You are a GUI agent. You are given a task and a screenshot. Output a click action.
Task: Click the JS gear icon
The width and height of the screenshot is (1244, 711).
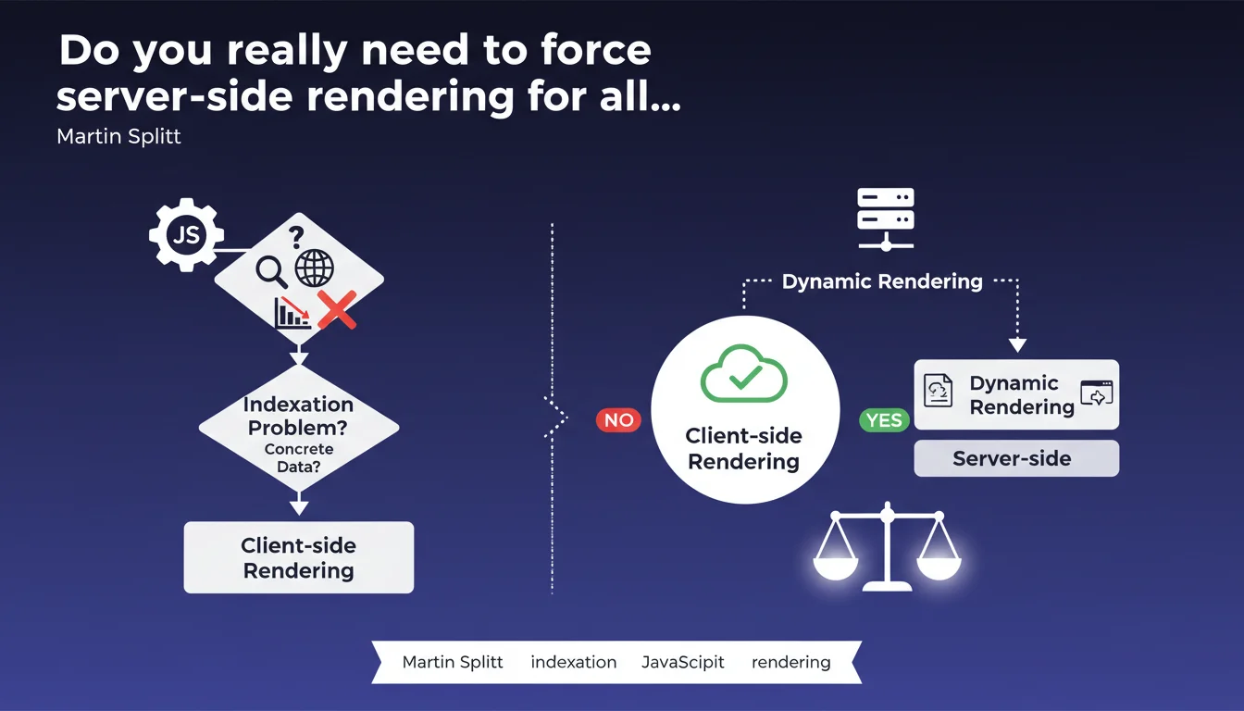[x=186, y=235]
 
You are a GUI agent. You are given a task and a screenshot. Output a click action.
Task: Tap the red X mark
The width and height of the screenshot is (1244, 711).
[x=337, y=308]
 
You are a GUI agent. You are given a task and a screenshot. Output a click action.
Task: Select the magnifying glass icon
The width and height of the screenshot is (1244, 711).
[x=272, y=270]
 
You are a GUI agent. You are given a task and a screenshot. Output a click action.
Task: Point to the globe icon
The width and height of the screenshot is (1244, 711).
[x=314, y=269]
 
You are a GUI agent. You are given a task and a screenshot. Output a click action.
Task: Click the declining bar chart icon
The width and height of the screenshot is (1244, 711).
[x=292, y=313]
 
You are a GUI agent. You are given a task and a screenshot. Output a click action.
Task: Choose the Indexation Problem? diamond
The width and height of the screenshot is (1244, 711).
[x=299, y=427]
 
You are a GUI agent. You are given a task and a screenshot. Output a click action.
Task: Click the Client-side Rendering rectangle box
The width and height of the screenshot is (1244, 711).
[x=298, y=557]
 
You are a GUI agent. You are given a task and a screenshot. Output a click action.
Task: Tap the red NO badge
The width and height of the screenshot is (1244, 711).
[x=618, y=420]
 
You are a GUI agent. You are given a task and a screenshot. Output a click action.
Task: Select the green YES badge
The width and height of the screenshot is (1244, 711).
[x=884, y=420]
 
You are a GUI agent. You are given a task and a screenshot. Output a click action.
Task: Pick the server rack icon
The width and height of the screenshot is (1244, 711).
[x=886, y=218]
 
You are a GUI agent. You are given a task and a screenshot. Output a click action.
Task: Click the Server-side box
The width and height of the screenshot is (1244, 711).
[x=1015, y=458]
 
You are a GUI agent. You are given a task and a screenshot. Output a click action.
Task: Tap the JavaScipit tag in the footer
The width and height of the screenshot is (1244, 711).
[x=683, y=662]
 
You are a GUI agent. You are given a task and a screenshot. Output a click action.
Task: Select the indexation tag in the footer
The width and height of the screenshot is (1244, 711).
[x=573, y=662]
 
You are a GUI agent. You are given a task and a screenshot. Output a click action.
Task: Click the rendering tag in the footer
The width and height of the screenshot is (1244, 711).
[x=790, y=662]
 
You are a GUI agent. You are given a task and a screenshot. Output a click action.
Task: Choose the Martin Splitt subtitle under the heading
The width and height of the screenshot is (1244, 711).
[x=118, y=137]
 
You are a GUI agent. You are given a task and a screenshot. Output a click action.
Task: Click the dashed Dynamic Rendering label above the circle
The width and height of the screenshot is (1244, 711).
[x=882, y=281]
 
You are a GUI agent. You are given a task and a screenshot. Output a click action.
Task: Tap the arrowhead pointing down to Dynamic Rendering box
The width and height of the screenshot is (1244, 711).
[x=1017, y=345]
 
